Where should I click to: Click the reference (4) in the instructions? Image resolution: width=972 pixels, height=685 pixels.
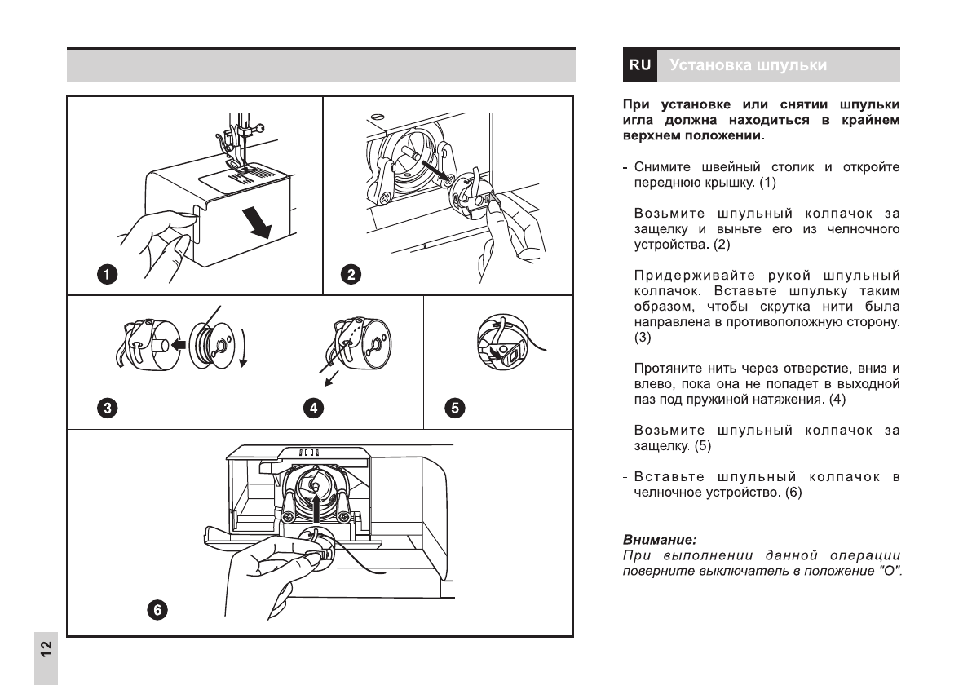(838, 400)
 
